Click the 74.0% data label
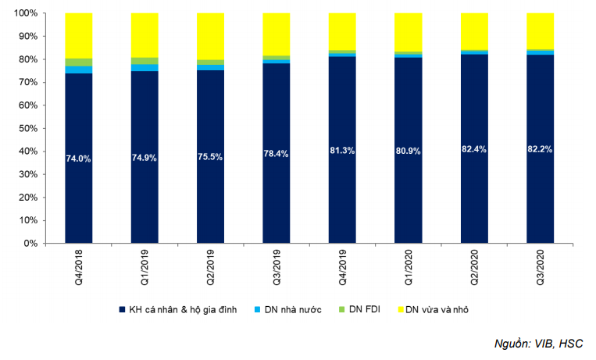point(78,159)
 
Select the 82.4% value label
point(473,148)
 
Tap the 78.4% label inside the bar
point(276,153)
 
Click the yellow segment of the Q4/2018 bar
point(78,35)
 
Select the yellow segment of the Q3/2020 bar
point(540,31)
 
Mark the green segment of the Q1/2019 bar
point(145,60)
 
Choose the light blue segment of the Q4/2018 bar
point(78,70)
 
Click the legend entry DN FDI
point(371,310)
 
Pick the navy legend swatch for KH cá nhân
point(123,310)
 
